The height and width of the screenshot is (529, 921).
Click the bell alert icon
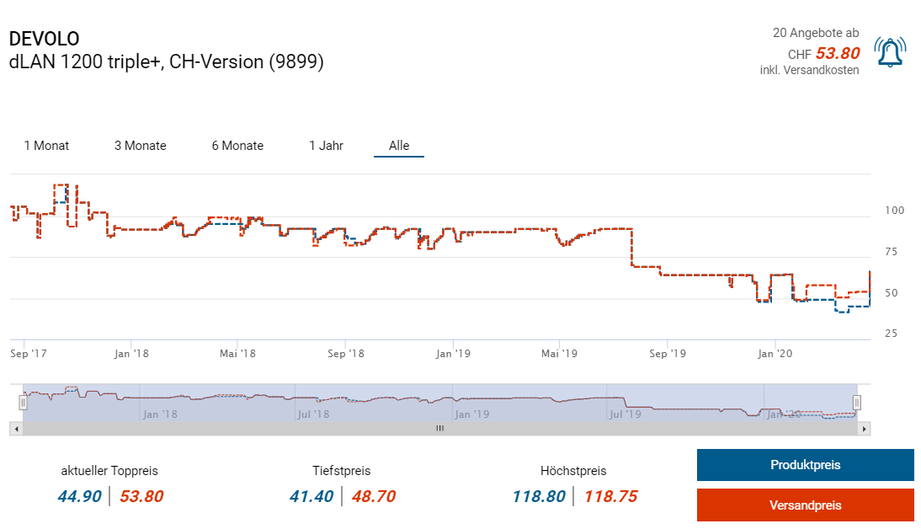click(889, 52)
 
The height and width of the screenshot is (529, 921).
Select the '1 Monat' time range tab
click(46, 146)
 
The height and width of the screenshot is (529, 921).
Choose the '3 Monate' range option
click(141, 146)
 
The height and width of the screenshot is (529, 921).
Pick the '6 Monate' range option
click(237, 146)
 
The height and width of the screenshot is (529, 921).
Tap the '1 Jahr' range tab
click(326, 146)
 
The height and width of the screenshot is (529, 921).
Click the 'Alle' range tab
click(399, 146)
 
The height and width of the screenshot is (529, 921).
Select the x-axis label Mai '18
click(237, 354)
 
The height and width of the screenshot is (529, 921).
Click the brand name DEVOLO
click(44, 39)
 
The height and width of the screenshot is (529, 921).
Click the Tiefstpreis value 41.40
click(311, 496)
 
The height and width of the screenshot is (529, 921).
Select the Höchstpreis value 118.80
click(539, 496)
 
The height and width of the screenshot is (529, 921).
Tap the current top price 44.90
click(80, 496)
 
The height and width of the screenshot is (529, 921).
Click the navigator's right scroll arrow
click(863, 429)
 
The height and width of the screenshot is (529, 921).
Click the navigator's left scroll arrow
click(15, 429)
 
